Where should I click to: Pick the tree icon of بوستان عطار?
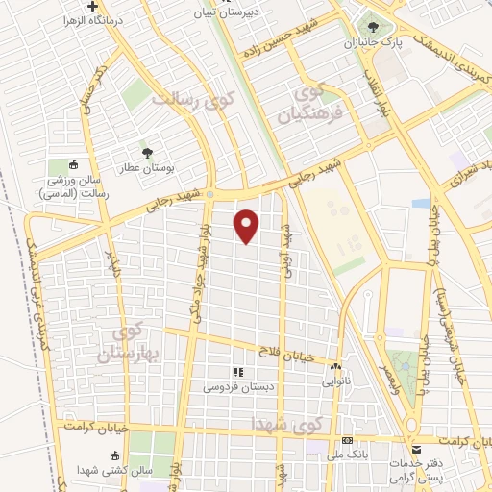point(146,152)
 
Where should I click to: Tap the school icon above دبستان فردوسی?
point(237,372)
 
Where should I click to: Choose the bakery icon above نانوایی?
point(334,367)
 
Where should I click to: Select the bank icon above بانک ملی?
point(346,439)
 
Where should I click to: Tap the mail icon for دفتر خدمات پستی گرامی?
point(416,449)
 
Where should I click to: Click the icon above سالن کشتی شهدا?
point(115,455)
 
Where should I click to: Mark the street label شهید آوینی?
point(285,252)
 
